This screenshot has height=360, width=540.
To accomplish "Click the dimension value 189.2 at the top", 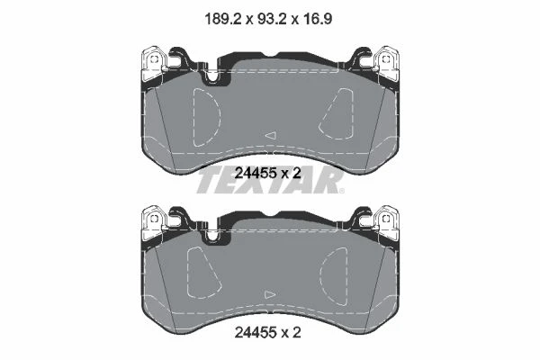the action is pyautogui.click(x=223, y=19).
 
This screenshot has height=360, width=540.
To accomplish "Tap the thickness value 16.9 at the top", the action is pyautogui.click(x=318, y=19).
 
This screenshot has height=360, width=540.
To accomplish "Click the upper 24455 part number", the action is pyautogui.click(x=256, y=173).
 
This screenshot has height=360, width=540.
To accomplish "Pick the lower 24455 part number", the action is pyautogui.click(x=256, y=332).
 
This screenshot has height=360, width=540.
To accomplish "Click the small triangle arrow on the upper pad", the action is pyautogui.click(x=271, y=135).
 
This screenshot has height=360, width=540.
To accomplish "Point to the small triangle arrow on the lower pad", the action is pyautogui.click(x=270, y=294).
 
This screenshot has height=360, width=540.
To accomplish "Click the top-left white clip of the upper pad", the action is pyautogui.click(x=154, y=64).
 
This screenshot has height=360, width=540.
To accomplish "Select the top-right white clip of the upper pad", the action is pyautogui.click(x=386, y=64).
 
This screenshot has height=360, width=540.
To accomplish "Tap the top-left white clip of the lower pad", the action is pyautogui.click(x=154, y=223).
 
